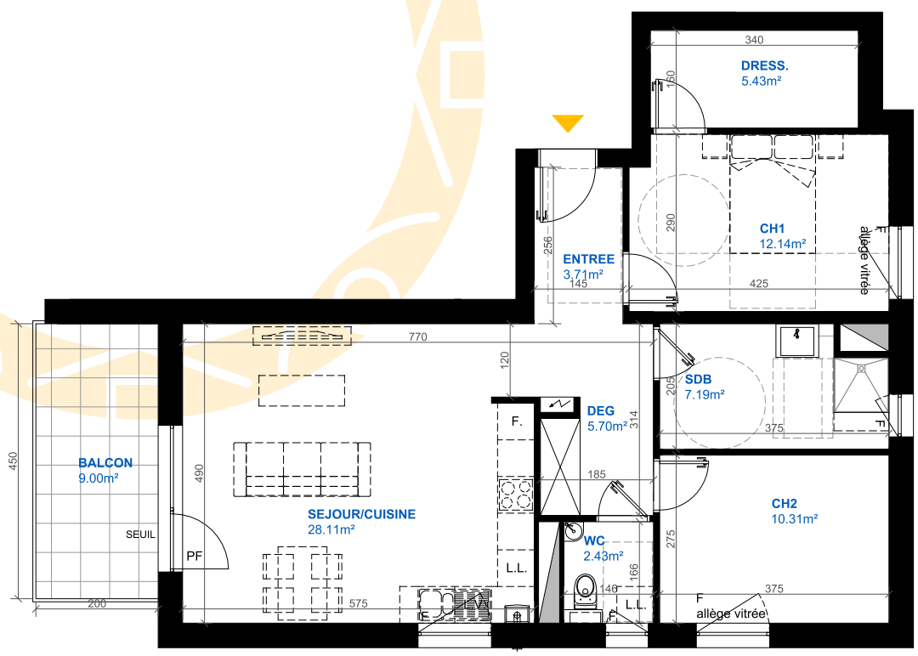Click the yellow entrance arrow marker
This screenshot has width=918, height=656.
point(567,123)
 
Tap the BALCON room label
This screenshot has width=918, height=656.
point(105,463)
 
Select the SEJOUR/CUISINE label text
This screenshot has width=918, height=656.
point(362,514)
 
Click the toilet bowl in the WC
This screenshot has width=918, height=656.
point(585,589)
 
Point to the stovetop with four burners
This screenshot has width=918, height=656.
point(516,495)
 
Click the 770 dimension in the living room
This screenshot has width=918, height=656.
point(418,336)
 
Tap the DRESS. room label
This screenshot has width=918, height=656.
point(765,66)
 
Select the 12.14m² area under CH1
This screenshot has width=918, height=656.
point(783,244)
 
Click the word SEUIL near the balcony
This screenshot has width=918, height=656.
point(140,534)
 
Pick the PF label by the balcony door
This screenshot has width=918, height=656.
point(195,556)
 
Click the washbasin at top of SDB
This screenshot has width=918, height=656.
point(796,341)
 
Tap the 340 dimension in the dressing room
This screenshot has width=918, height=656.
point(754,40)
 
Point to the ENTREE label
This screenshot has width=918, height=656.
point(588,259)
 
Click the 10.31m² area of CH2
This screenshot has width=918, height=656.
point(795,519)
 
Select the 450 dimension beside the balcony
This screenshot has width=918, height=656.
point(14,460)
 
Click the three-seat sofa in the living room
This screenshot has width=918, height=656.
point(302,469)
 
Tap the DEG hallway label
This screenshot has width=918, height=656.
point(601,411)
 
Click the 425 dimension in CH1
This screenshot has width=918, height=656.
point(759,283)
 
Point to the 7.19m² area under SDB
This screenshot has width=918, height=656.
point(705,395)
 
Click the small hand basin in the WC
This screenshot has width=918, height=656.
point(573,531)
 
